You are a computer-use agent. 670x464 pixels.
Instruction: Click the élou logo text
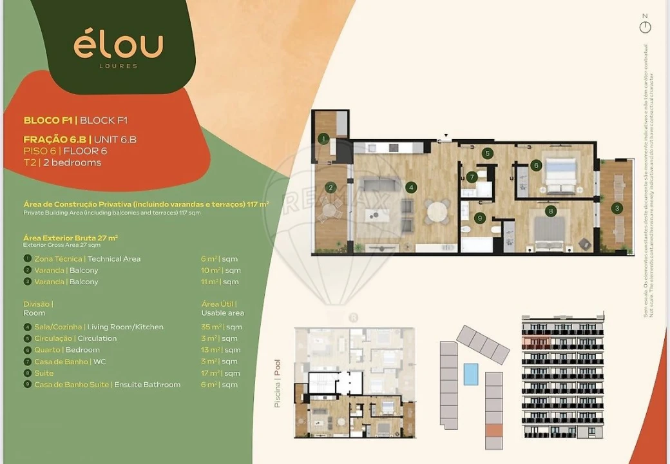(118, 45)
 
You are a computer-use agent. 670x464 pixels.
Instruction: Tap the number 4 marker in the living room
(411, 188)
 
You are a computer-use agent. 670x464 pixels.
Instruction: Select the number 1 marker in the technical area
(324, 138)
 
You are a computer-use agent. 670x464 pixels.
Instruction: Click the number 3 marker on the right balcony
(617, 208)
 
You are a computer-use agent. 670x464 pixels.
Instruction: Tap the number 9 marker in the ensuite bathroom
(479, 218)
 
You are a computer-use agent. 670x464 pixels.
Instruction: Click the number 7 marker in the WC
(472, 177)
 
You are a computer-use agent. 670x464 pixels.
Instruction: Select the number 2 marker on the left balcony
(330, 188)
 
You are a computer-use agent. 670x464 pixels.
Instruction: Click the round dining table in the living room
(439, 211)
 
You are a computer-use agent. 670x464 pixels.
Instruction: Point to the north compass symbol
(645, 27)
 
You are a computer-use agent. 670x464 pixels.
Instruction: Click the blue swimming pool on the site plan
(471, 374)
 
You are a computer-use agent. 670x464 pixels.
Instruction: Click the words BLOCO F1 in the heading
(48, 120)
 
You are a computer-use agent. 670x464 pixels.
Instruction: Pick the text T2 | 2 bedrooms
(62, 162)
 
